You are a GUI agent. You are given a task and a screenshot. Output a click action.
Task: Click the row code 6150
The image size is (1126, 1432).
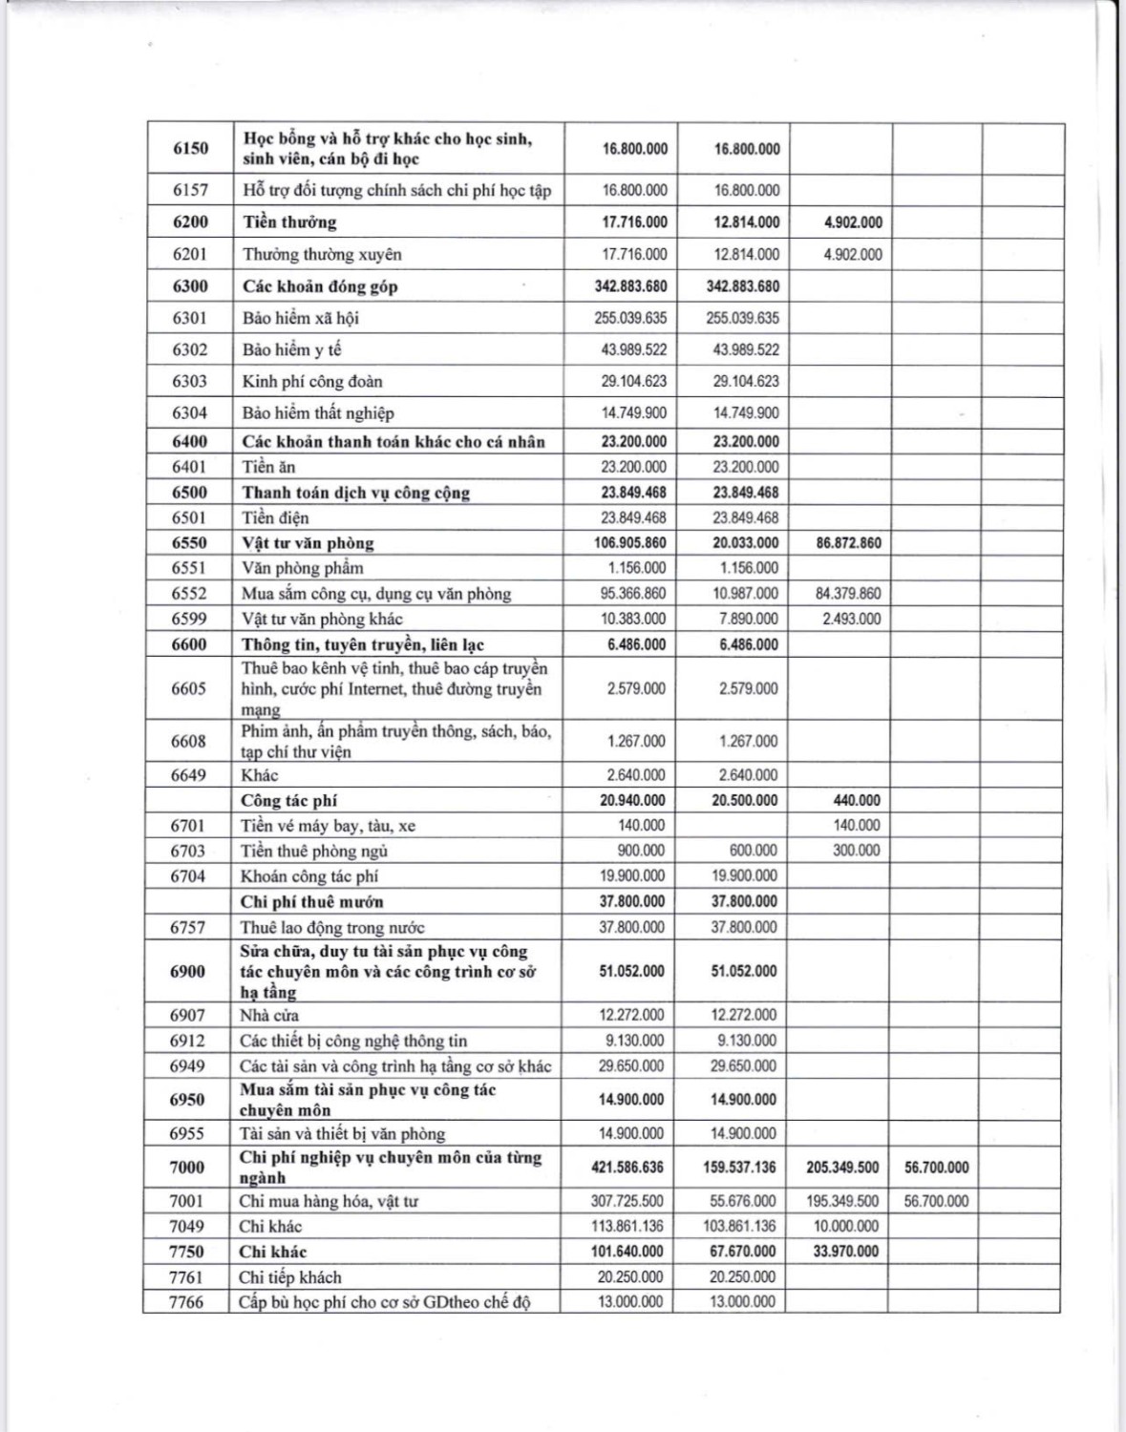190,148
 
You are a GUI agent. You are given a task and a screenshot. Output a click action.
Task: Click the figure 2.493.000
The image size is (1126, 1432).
851,619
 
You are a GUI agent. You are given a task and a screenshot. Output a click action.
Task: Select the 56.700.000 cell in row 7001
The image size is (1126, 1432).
936,1201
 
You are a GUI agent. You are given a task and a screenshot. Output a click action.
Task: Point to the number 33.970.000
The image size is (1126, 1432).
845,1252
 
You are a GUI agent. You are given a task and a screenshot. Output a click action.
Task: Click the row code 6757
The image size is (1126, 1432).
187,927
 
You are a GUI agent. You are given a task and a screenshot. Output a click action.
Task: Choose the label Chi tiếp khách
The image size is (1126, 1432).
290,1277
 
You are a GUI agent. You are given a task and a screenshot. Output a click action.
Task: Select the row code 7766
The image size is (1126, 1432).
186,1302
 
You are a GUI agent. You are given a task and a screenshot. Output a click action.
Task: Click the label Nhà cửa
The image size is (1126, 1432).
270,1016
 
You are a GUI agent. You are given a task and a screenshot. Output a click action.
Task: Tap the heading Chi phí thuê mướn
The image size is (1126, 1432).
312,902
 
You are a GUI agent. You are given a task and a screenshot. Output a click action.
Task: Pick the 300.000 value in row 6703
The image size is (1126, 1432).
856,851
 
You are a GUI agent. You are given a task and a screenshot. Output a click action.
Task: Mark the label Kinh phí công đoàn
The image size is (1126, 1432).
312,382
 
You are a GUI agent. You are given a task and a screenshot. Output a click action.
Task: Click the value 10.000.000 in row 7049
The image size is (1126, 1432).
846,1227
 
